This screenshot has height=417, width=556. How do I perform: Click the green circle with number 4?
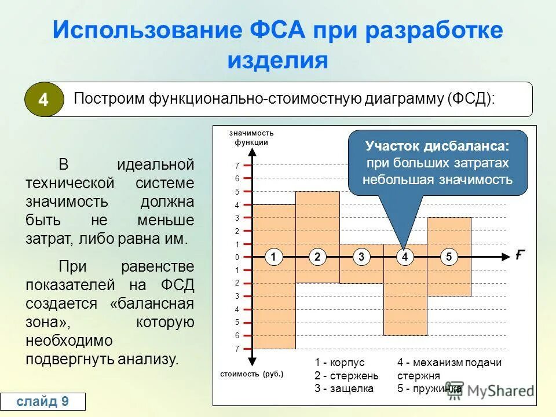tap(43, 100)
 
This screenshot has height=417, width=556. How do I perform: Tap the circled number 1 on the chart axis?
tap(275, 257)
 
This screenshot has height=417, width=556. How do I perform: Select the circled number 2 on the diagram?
tap(318, 257)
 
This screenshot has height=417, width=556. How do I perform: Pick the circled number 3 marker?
tap(361, 257)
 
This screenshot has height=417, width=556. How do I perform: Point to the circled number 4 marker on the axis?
tap(405, 257)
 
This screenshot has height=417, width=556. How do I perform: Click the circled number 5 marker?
tap(449, 257)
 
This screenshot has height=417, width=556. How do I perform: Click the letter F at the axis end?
tap(520, 255)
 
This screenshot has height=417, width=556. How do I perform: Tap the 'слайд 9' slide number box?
tap(43, 401)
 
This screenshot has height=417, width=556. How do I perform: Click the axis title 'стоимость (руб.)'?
tap(252, 374)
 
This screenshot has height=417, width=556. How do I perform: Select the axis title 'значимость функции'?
tap(251, 138)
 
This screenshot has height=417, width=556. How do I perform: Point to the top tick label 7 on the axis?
tap(237, 166)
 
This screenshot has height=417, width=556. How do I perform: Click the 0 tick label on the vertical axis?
tap(237, 257)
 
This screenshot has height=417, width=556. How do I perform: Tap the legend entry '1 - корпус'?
tap(339, 363)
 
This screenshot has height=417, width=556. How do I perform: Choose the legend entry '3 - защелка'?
tap(343, 389)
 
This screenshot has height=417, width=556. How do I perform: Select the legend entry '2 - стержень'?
tap(346, 375)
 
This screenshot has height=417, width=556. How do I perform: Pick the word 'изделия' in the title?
tap(277, 60)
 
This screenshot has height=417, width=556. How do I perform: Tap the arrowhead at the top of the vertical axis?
tap(252, 153)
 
